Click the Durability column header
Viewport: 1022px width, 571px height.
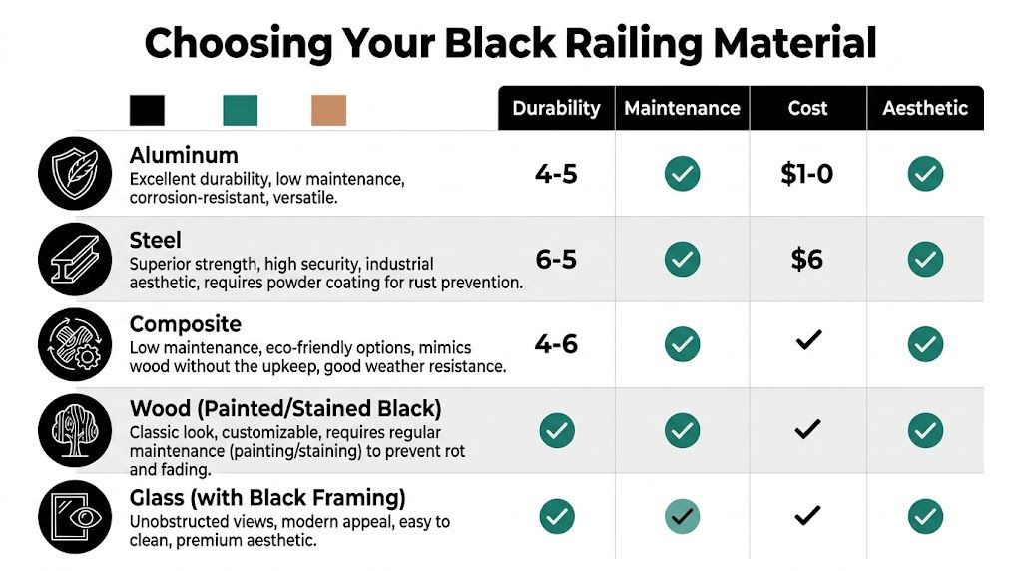[x=556, y=108]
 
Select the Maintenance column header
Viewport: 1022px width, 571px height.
[x=682, y=108]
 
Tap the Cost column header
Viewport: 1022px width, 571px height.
[x=807, y=108]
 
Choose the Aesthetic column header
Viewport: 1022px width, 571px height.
[x=925, y=108]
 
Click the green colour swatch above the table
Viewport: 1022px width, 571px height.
[x=240, y=110]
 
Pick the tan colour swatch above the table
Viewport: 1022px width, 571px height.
[x=328, y=110]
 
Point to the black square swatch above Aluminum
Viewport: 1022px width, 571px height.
[x=147, y=110]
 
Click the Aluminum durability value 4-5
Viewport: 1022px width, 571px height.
[x=556, y=174]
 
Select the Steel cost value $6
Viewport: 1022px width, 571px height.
[x=806, y=260]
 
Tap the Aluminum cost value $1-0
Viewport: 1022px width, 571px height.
[x=806, y=174]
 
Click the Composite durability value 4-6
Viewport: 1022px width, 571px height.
[x=556, y=344]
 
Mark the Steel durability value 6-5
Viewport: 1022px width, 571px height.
[x=556, y=260]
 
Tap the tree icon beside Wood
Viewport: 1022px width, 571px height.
[x=72, y=431]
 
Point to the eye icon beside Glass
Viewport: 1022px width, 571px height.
[x=72, y=516]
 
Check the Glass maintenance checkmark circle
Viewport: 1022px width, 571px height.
[x=682, y=516]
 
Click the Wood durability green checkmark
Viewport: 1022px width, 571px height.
[x=556, y=431]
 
